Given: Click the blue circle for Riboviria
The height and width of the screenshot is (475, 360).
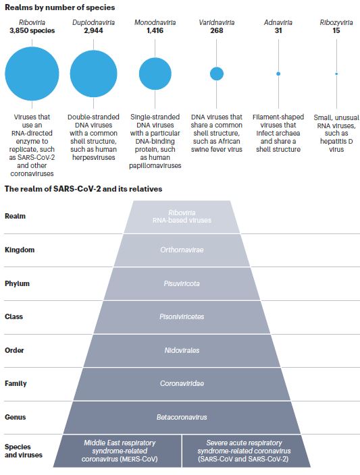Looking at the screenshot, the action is pyautogui.click(x=32, y=74).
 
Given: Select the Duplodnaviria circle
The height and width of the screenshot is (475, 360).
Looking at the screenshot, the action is pyautogui.click(x=93, y=74).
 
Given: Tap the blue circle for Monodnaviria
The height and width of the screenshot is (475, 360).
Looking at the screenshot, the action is pyautogui.click(x=155, y=74).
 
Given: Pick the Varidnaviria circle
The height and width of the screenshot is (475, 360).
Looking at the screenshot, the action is pyautogui.click(x=217, y=74).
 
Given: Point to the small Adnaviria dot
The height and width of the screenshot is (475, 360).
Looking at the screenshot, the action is pyautogui.click(x=278, y=74).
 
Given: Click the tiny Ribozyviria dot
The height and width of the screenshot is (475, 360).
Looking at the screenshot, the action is pyautogui.click(x=336, y=74).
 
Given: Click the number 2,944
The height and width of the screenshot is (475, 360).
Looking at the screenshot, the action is pyautogui.click(x=93, y=30).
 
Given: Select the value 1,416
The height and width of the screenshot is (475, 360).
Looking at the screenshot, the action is pyautogui.click(x=155, y=30).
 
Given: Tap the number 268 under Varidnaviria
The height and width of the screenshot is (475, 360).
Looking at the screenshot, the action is pyautogui.click(x=217, y=30).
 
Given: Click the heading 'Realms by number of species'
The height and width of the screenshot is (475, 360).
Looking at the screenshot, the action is pyautogui.click(x=59, y=7).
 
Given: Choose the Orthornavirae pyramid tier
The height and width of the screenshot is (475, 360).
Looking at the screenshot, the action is pyautogui.click(x=182, y=250).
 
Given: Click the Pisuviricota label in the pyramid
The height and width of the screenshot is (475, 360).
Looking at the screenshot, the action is pyautogui.click(x=182, y=284).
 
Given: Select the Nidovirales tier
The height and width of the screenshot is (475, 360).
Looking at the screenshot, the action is pyautogui.click(x=182, y=351).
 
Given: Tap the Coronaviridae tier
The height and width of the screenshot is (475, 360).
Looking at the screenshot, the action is pyautogui.click(x=182, y=384).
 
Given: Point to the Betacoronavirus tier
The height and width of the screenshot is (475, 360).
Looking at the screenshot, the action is pyautogui.click(x=182, y=418).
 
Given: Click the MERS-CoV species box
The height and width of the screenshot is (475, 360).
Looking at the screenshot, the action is pyautogui.click(x=118, y=451).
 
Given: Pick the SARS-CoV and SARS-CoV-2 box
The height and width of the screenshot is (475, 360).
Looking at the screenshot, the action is pyautogui.click(x=246, y=451).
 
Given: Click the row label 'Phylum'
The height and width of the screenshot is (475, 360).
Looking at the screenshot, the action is pyautogui.click(x=17, y=284).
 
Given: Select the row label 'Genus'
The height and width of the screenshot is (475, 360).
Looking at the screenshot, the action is pyautogui.click(x=15, y=418).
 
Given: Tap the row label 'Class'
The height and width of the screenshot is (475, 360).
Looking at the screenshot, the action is pyautogui.click(x=14, y=317).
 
